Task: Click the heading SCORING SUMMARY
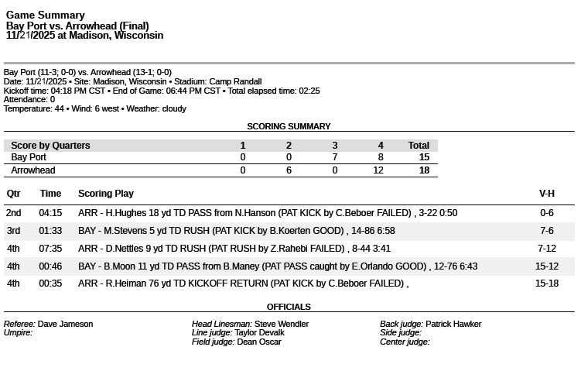[289, 126]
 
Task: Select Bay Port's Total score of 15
[423, 157]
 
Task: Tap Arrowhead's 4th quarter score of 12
[378, 170]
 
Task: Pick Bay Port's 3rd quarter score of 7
[335, 157]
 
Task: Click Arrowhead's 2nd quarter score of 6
[289, 170]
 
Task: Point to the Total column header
[419, 146]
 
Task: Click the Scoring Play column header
[105, 194]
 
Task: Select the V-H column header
[546, 194]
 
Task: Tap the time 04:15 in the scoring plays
[50, 213]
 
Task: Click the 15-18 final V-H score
[546, 283]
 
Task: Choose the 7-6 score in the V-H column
[546, 231]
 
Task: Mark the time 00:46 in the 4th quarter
[50, 266]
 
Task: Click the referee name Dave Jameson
[65, 324]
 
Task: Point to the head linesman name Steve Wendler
[282, 324]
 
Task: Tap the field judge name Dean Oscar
[258, 342]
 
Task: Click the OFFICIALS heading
[289, 307]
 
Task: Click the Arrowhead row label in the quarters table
[33, 170]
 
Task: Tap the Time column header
[50, 194]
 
